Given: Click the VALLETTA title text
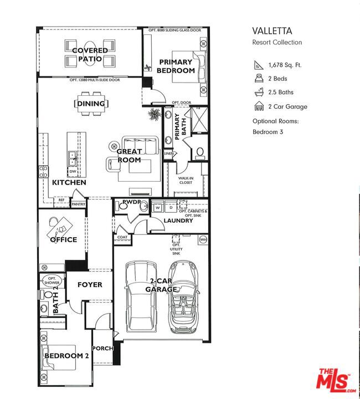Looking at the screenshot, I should click(x=272, y=32).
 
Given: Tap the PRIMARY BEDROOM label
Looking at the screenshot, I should click(x=176, y=66).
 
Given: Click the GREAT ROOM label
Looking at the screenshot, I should click(x=129, y=156).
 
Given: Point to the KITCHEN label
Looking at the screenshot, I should click(x=69, y=182).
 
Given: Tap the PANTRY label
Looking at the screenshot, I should click(x=78, y=204).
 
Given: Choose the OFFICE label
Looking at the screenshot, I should click(x=64, y=240).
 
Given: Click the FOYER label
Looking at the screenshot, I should click(x=90, y=284).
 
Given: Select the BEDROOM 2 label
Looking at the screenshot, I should click(x=66, y=355).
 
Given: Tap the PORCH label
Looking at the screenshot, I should click(x=104, y=349).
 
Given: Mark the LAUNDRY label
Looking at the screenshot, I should click(x=178, y=221).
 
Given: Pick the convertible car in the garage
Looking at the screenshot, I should click(x=183, y=299).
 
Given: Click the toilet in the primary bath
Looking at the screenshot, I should click(x=200, y=151).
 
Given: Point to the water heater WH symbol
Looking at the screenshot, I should click(x=203, y=239).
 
